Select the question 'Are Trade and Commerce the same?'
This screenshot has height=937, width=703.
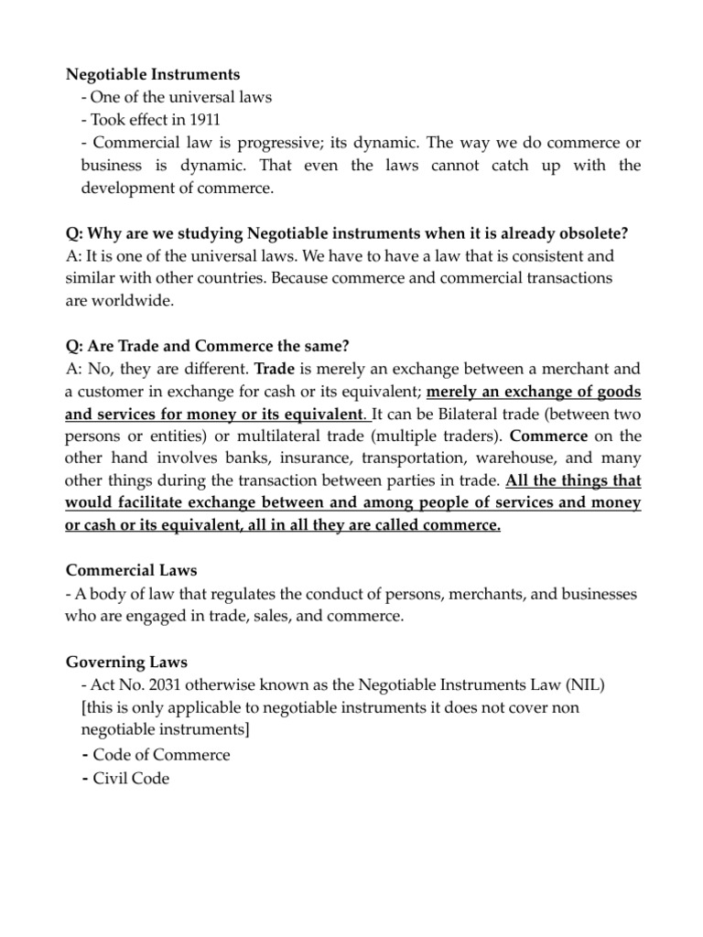[209, 345]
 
